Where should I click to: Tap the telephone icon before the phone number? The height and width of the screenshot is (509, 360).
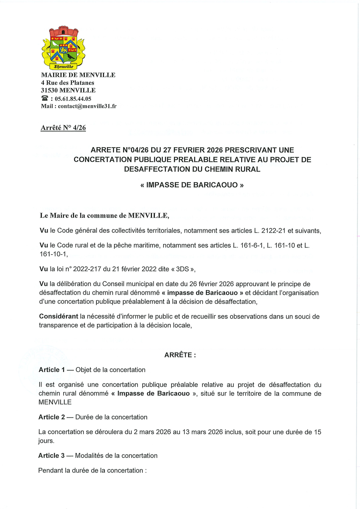pyautogui.click(x=44, y=98)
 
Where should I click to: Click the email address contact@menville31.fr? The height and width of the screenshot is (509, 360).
pyautogui.click(x=87, y=106)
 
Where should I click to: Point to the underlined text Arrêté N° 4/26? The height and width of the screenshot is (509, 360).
pyautogui.click(x=63, y=128)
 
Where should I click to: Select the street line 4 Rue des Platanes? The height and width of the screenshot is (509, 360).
pyautogui.click(x=68, y=83)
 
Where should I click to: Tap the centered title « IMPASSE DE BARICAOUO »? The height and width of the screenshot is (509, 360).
pyautogui.click(x=192, y=185)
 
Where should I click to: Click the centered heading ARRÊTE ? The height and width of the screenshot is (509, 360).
pyautogui.click(x=180, y=355)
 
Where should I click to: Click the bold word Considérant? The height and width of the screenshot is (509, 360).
pyautogui.click(x=58, y=317)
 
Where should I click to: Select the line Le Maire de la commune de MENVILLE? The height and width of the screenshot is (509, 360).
pyautogui.click(x=104, y=216)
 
